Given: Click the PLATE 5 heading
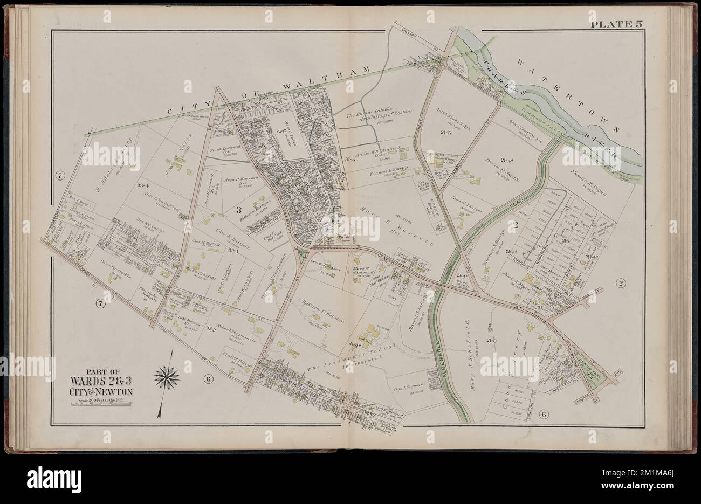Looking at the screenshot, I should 620,24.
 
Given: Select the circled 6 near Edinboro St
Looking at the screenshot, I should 544,414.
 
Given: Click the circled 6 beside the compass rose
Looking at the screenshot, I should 208,379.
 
